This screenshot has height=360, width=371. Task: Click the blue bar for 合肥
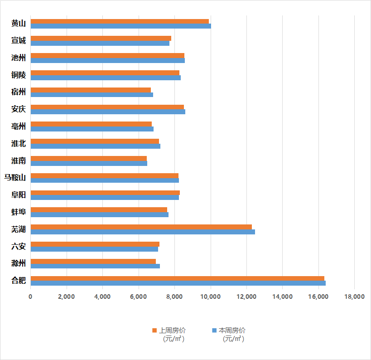click(x=178, y=283)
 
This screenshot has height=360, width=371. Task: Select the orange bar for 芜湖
click(x=141, y=227)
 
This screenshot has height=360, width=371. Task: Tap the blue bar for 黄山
click(x=120, y=26)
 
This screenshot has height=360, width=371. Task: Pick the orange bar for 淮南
click(x=88, y=158)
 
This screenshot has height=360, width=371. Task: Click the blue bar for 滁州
click(x=95, y=266)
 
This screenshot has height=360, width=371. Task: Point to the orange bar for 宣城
click(x=101, y=38)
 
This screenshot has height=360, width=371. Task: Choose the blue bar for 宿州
click(x=92, y=95)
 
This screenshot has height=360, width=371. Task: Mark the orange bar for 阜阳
click(x=105, y=193)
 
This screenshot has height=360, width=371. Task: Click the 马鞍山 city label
click(x=15, y=177)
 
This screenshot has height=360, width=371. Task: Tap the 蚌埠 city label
click(x=19, y=212)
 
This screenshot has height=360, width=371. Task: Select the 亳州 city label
click(x=19, y=126)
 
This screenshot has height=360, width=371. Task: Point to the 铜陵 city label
click(x=19, y=75)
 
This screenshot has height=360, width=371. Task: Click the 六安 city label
click(x=19, y=246)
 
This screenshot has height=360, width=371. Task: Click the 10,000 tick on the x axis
click(x=210, y=297)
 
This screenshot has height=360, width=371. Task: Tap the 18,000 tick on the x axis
click(x=354, y=297)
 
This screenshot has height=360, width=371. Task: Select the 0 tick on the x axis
click(x=30, y=297)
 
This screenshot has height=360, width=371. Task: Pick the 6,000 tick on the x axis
click(x=139, y=297)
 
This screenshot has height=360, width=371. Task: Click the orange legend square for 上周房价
click(x=154, y=330)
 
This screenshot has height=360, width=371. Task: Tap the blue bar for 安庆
click(x=108, y=112)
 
